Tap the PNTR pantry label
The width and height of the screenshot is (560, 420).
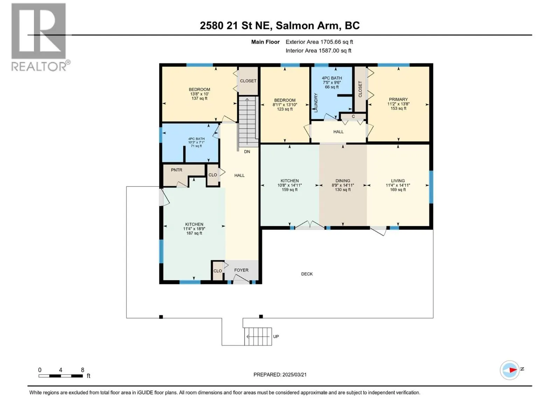point(176,170)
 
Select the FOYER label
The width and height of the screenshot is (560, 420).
point(241,270)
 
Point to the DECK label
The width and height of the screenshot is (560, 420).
point(307,274)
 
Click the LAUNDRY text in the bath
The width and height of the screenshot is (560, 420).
point(316,103)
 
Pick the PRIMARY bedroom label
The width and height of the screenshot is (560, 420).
point(398,99)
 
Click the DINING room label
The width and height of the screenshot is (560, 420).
point(343,181)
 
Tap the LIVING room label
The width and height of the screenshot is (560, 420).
point(398,181)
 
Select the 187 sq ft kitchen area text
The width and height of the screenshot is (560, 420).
point(194,233)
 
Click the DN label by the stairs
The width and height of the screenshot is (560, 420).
point(247,152)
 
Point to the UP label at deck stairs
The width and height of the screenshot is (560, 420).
point(276,336)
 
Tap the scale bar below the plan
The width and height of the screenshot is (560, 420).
point(61,376)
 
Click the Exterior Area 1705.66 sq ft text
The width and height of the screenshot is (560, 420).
point(319,42)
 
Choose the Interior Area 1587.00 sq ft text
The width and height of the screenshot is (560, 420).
point(318,50)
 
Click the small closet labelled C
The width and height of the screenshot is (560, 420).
point(353,116)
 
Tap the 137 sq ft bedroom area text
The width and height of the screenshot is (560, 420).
point(199,98)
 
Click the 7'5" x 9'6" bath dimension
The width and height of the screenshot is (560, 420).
point(332,82)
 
